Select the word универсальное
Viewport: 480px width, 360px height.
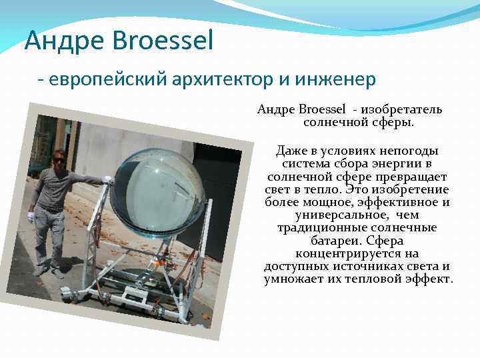click(x=341, y=215)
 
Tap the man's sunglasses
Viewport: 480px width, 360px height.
click(x=59, y=160)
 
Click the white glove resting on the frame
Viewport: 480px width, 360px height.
click(x=108, y=179)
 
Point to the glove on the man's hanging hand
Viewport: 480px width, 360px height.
click(x=30, y=217)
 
